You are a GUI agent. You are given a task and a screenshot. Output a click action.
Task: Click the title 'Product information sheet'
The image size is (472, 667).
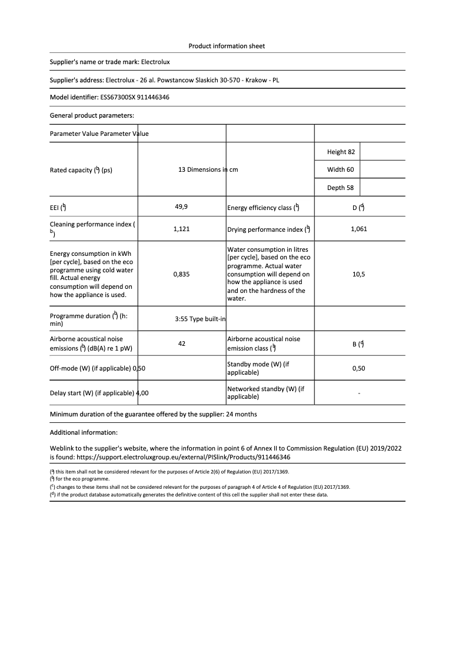point(227,46)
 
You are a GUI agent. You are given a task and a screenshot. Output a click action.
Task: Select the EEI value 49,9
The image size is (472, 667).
point(181,207)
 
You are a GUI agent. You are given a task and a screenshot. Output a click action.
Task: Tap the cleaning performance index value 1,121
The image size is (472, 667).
point(181,229)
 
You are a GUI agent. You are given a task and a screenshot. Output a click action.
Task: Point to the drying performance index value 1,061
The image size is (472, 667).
point(358,229)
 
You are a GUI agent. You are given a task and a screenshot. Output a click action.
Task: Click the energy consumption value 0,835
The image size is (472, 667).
point(181,274)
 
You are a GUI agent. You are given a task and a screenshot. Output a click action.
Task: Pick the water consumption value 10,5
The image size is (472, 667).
point(358,274)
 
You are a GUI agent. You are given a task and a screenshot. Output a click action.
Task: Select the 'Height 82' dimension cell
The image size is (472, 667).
point(341,152)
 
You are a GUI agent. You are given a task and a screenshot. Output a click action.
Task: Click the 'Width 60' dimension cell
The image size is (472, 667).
point(341,170)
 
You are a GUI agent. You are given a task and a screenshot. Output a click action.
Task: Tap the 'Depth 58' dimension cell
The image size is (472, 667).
point(341,188)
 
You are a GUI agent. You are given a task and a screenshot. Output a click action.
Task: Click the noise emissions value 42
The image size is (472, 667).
point(181,343)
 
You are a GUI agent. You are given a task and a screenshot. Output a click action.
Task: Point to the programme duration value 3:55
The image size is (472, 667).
point(181,319)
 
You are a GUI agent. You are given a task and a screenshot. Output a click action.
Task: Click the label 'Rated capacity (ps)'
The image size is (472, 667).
point(81,171)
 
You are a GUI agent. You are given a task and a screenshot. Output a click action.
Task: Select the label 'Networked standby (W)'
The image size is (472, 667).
point(265,392)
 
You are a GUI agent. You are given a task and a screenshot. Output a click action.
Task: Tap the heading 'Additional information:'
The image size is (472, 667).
point(84,432)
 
